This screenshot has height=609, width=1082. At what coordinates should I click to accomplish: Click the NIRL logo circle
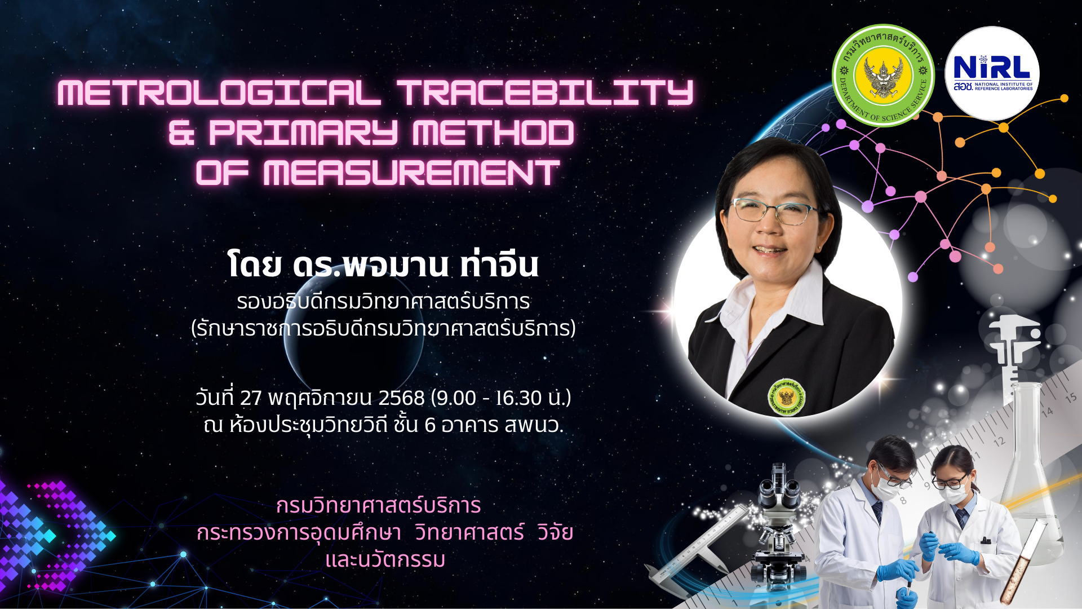[x=992, y=73]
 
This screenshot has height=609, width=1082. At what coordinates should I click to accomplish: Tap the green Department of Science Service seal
[x=883, y=75]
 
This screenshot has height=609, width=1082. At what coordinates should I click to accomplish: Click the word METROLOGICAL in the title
[x=219, y=92]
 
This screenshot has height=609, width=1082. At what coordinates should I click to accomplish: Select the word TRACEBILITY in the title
[x=545, y=92]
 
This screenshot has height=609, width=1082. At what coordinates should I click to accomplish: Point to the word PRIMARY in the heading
[x=303, y=133]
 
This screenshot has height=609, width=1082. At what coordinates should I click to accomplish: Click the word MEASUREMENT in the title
[x=411, y=173]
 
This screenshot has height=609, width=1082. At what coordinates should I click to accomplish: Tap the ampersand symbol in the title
[x=181, y=133]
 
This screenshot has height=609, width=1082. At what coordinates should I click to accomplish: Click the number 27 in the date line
[x=251, y=398]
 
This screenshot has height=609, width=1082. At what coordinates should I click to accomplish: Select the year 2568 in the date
[x=401, y=398]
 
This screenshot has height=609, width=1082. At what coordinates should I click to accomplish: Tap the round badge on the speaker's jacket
[x=786, y=397]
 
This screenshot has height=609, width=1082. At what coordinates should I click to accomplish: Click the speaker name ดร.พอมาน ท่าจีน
[x=415, y=264]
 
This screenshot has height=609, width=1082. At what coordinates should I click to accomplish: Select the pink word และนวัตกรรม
[x=385, y=559]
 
